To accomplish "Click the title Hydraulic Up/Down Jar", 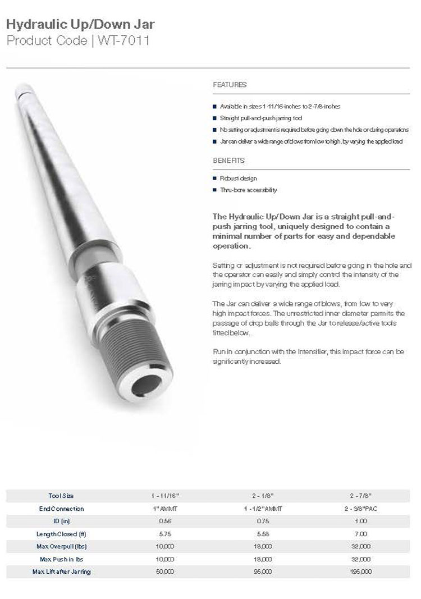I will tap(80, 24).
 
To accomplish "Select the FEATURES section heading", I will tap(230, 85).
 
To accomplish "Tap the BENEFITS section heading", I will tap(228, 161).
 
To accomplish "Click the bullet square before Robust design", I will tap(214, 179).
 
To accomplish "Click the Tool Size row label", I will tap(61, 496).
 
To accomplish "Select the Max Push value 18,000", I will tap(263, 559).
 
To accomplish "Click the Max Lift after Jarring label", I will tap(61, 571).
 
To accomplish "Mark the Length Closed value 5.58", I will tap(263, 534).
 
